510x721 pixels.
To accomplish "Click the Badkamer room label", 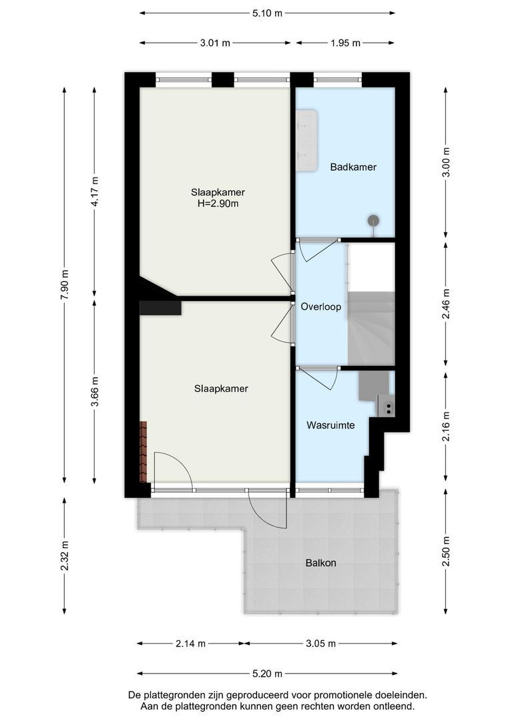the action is (x=353, y=167).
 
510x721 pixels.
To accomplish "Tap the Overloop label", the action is (x=321, y=306).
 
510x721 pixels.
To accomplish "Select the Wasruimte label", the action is (x=330, y=425).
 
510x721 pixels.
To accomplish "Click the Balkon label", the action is (x=321, y=562).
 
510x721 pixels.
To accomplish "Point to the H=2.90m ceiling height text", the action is (x=218, y=203).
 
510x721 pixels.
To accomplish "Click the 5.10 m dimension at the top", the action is (x=267, y=13).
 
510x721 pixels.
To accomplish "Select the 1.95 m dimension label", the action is (x=345, y=43).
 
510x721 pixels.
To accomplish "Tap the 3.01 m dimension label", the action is (x=215, y=43).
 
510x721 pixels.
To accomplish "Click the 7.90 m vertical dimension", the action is (x=64, y=284).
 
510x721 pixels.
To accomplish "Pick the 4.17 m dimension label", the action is (x=95, y=192).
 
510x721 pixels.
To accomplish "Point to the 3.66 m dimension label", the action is (x=95, y=392).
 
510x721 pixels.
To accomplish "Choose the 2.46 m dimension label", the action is (x=446, y=304).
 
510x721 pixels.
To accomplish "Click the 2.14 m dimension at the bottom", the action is (x=190, y=644).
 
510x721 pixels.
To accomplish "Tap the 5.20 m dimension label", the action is (x=267, y=674).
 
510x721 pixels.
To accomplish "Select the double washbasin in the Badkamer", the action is (x=306, y=140).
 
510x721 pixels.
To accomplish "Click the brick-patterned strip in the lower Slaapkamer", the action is (x=144, y=451).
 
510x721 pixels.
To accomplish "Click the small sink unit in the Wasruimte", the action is (x=387, y=406).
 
